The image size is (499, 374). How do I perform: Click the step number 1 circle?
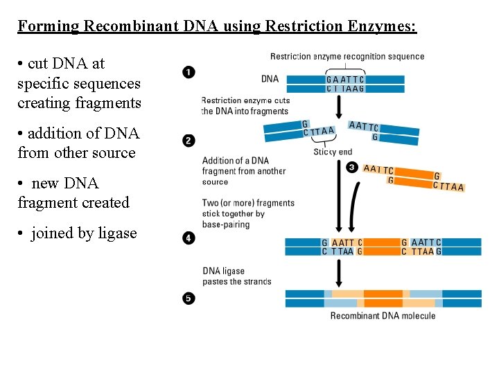[x=189, y=72]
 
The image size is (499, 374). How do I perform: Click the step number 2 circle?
[x=189, y=141]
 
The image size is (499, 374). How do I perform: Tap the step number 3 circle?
[x=352, y=167]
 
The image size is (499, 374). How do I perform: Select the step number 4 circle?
[x=189, y=238]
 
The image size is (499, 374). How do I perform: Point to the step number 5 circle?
[x=189, y=299]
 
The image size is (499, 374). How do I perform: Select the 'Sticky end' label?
[x=333, y=152]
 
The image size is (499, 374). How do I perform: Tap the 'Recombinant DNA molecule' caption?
[x=383, y=316]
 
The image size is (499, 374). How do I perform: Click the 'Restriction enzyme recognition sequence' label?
[x=347, y=57]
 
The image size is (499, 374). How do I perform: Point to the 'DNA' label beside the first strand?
[x=270, y=79]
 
